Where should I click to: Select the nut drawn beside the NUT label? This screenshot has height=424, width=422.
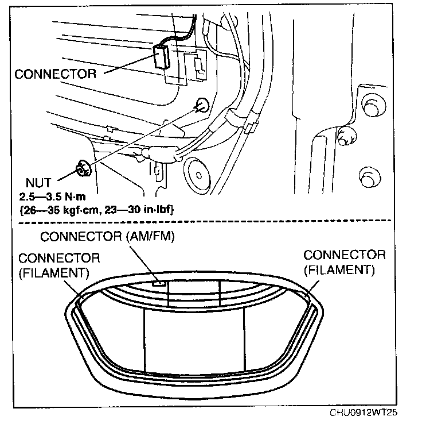click(83, 168)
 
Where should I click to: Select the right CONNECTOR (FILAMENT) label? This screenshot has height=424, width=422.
click(345, 261)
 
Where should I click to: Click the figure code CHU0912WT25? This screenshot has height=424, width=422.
click(364, 413)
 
